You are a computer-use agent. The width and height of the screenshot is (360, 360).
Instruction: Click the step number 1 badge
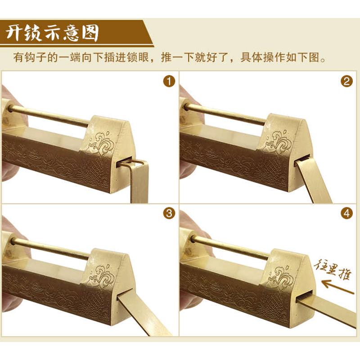pyautogui.click(x=169, y=82)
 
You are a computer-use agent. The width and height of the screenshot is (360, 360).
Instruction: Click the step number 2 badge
pyautogui.click(x=346, y=82)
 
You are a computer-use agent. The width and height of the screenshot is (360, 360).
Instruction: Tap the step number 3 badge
pyautogui.click(x=169, y=214)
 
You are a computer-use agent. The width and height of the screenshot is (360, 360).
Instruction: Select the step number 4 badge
pyautogui.click(x=346, y=214)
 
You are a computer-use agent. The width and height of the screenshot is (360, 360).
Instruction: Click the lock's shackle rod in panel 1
pyautogui.click(x=49, y=116)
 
